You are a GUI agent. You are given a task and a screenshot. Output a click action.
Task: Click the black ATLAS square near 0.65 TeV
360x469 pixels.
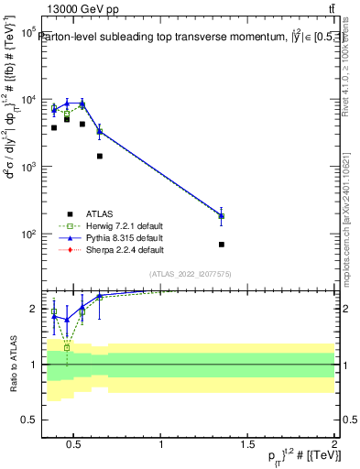click(100, 157)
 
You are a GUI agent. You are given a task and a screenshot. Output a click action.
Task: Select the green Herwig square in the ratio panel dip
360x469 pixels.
click(67, 348)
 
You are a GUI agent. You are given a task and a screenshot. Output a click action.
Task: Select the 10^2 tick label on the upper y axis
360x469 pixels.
click(28, 234)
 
